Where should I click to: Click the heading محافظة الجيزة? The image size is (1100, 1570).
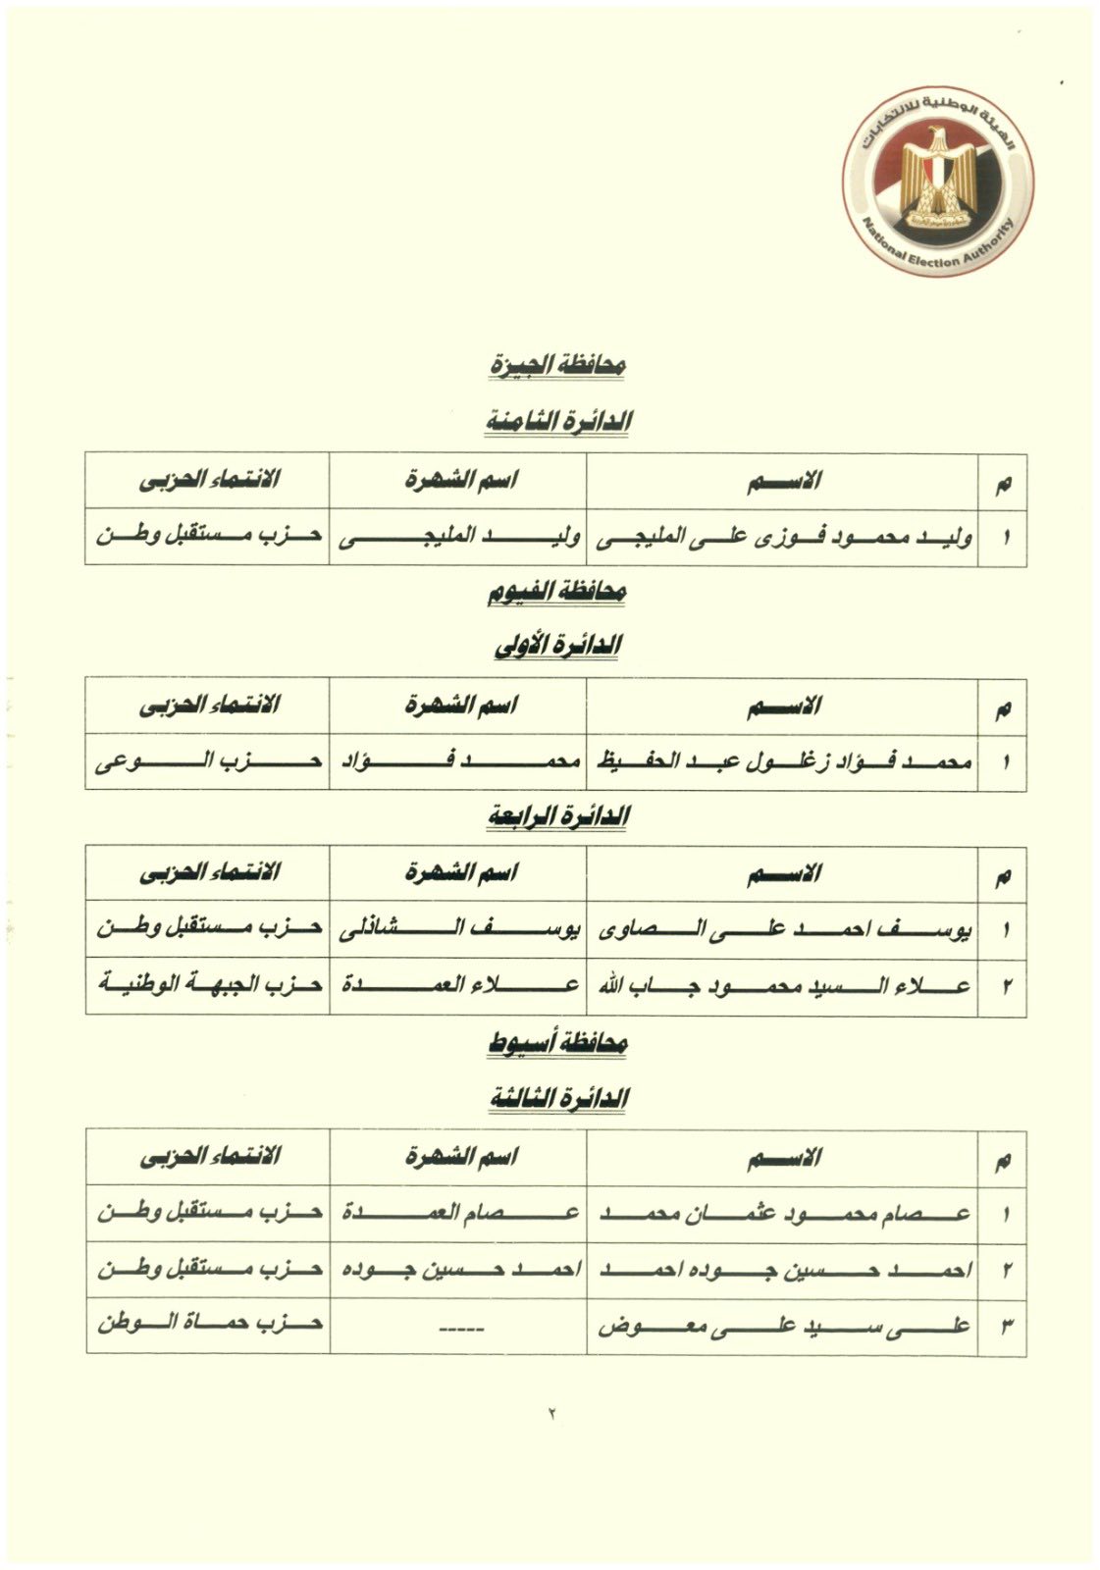(558, 365)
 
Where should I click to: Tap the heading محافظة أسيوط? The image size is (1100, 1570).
(558, 1044)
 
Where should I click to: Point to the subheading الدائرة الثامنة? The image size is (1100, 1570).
(558, 421)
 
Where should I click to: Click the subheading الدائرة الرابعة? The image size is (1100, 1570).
(558, 816)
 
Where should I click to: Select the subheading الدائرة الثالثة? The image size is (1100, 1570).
(558, 1099)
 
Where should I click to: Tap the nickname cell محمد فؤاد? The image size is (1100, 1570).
(458, 762)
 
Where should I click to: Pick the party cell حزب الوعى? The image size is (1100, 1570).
(208, 762)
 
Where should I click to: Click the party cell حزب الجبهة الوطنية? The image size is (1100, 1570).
(208, 986)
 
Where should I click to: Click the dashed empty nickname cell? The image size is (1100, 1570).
(458, 1327)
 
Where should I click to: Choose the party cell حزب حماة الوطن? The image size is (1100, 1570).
(208, 1327)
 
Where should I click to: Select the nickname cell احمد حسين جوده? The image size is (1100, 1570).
(458, 1270)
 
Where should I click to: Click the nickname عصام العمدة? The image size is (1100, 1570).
(458, 1214)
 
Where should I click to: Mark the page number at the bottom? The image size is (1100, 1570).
(551, 1414)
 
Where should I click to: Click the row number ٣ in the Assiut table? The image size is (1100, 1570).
(1004, 1327)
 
